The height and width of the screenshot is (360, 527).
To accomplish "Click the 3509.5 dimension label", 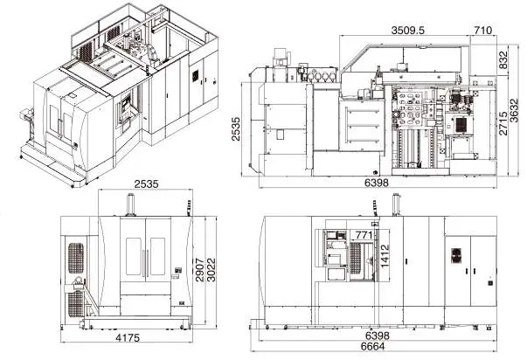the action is pos(407,31).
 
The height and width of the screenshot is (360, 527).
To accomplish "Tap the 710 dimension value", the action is pos(483,31).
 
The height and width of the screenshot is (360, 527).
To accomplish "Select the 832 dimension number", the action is pos(503,59).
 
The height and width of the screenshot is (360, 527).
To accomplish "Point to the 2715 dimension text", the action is pos(503,123).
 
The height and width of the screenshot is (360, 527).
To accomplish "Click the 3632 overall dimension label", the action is pos(515,111).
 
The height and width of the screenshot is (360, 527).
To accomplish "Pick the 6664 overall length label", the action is pos(372,346).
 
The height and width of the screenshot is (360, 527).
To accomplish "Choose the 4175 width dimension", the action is pos(128,337).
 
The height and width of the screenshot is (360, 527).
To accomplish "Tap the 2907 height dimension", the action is pos(199,270).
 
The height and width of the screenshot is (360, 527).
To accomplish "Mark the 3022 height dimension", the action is pos(211,270).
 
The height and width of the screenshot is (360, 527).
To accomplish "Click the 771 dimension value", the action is pos(364,235).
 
